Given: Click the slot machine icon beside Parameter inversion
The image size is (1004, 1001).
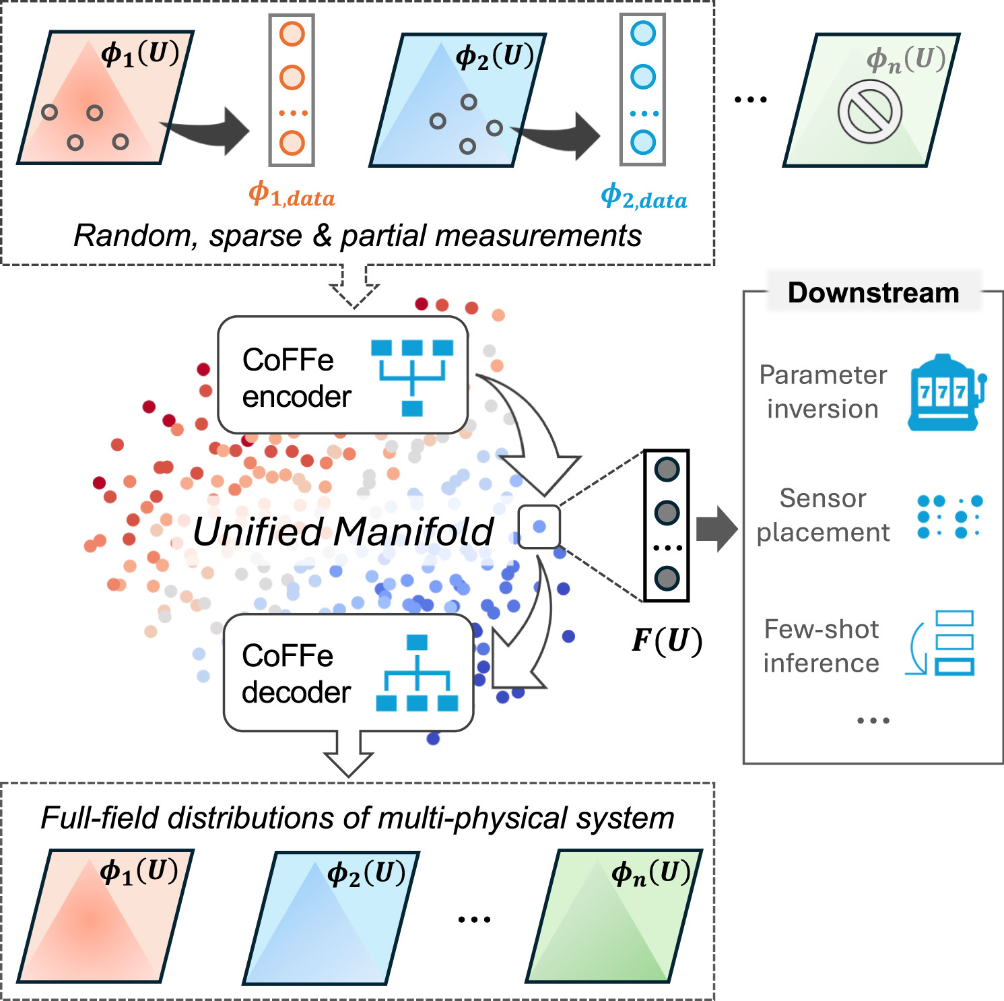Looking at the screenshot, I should [945, 393].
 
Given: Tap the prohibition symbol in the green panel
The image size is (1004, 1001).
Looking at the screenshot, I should [869, 112].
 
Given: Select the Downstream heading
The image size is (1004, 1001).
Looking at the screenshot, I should [873, 293].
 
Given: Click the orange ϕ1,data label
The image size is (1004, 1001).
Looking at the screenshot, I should [292, 195].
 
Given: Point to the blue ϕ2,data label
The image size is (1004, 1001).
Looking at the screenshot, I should [644, 197].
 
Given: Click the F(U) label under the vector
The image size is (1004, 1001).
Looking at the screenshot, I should [667, 640].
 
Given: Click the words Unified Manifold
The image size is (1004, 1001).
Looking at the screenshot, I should [343, 531].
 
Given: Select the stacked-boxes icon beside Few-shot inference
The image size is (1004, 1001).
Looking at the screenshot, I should [943, 643].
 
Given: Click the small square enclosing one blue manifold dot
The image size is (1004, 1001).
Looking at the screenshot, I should [539, 526].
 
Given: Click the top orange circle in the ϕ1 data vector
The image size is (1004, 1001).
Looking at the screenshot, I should [292, 34].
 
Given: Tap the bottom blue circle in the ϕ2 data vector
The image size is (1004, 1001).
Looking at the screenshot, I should [643, 142].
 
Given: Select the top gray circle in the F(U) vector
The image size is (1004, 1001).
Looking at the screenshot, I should [667, 470].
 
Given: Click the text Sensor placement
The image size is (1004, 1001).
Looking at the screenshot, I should [823, 515].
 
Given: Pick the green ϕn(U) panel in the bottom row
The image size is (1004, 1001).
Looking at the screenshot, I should [613, 916].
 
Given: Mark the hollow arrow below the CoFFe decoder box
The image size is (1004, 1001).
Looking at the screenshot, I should [349, 754].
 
